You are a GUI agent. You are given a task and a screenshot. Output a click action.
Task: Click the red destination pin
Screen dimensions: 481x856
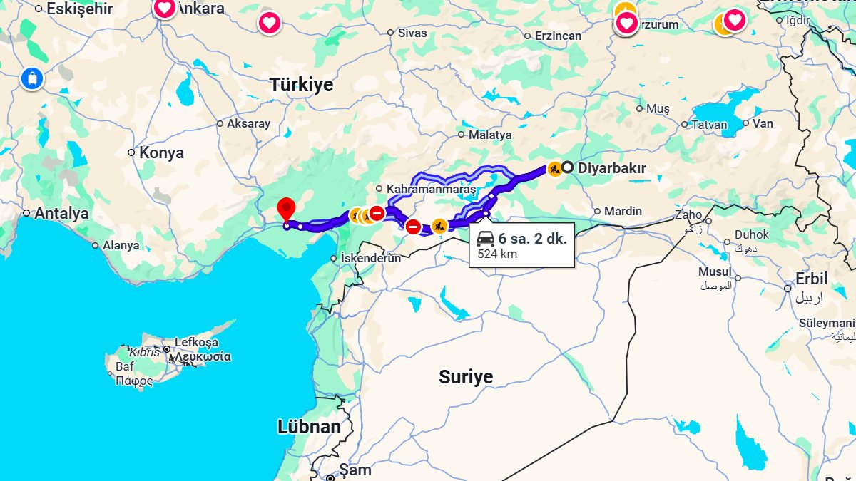tap(286, 210)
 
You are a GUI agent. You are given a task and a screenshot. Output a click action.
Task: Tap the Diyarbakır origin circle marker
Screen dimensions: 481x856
tap(567, 168)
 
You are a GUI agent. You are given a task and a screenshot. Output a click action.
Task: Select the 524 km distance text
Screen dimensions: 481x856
tap(497, 254)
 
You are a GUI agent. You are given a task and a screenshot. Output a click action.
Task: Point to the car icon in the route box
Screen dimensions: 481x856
tap(486, 239)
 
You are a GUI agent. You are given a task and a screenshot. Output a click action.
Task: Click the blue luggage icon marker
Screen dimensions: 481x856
tap(32, 78)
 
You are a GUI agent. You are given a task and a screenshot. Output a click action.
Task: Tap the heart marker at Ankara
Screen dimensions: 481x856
tap(165, 9)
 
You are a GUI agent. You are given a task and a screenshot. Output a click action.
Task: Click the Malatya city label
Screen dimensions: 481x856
tap(489, 135)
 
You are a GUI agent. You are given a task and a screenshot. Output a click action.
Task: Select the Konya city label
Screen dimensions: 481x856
tap(161, 152)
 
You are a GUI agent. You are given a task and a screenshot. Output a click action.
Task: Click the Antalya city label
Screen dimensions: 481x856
tap(61, 213)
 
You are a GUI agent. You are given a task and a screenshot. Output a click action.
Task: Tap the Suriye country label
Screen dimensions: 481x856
tap(466, 377)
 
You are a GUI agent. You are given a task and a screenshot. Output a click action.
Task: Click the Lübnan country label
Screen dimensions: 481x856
tap(309, 427)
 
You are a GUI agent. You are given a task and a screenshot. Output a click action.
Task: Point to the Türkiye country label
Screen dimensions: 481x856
tap(301, 85)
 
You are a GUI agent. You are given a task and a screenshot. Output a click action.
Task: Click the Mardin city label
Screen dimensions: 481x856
tap(623, 211)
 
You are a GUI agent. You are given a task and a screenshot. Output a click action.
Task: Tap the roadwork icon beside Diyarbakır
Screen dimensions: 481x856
tap(554, 169)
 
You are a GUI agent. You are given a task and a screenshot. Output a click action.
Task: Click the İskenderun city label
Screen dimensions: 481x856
tap(371, 258)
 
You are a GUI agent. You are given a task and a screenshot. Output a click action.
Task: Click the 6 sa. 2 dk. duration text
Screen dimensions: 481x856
tap(532, 239)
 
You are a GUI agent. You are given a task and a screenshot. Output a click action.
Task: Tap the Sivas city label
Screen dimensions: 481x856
tap(412, 33)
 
